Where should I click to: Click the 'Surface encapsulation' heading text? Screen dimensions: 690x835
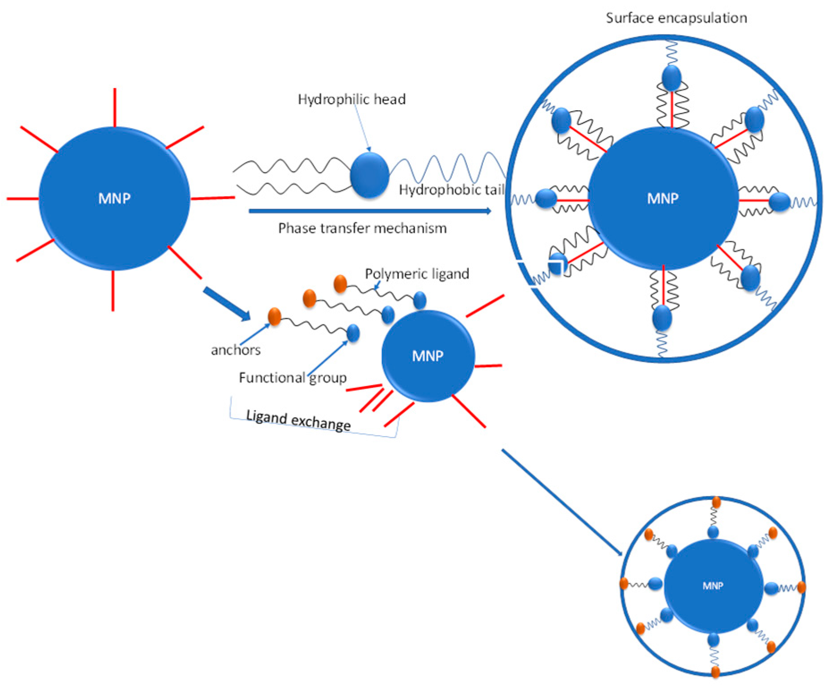click(x=676, y=18)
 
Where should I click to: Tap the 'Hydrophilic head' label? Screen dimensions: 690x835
click(x=352, y=99)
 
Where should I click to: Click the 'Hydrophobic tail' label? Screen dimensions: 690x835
click(x=452, y=190)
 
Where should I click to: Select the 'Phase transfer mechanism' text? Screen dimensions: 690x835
click(x=362, y=228)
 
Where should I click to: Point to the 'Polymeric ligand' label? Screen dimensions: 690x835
click(x=417, y=273)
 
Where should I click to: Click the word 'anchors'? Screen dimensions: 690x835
click(x=235, y=350)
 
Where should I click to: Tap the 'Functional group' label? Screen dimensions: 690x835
click(x=293, y=378)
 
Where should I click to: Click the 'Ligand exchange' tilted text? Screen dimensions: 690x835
click(x=298, y=420)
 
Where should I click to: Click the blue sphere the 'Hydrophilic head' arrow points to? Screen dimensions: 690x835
click(x=369, y=175)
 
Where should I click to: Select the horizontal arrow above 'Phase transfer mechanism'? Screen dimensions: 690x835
click(x=369, y=211)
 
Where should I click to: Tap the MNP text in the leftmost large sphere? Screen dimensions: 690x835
click(x=114, y=198)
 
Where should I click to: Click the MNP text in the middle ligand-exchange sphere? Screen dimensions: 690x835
click(x=428, y=356)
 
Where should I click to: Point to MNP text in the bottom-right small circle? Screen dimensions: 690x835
click(x=713, y=586)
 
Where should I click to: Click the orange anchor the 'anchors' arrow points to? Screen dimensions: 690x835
click(x=274, y=316)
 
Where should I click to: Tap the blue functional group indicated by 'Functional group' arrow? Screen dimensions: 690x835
click(x=353, y=333)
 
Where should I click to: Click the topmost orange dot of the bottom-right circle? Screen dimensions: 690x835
click(x=716, y=502)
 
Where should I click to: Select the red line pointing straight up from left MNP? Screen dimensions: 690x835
click(x=115, y=108)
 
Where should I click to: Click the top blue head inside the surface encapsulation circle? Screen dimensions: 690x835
click(x=671, y=78)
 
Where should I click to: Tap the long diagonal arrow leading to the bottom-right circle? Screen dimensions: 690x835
click(x=562, y=502)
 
